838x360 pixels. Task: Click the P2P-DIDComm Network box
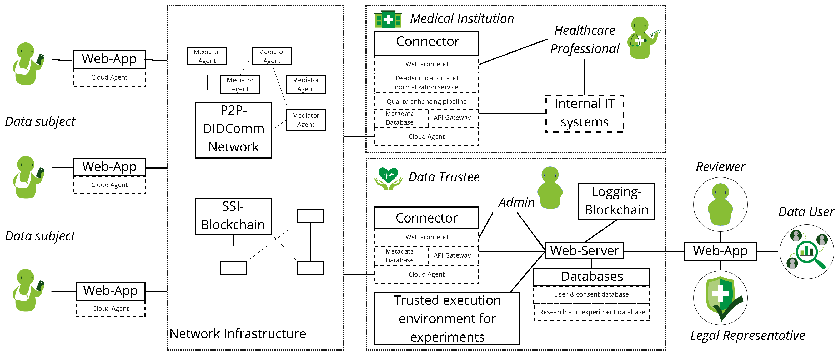coord(233,130)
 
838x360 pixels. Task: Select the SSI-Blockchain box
coord(233,216)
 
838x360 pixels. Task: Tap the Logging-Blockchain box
coord(616,201)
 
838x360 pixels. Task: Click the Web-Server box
coord(584,251)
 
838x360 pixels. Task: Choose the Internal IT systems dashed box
coord(584,113)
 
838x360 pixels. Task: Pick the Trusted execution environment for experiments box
coord(447,318)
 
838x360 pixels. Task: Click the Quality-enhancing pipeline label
coord(426,102)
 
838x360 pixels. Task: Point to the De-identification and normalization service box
coord(426,83)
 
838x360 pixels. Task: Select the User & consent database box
coord(591,294)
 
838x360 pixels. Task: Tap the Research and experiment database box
coord(592,312)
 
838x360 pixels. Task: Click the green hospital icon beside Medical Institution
coord(388,19)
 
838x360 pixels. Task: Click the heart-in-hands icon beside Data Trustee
coord(388,178)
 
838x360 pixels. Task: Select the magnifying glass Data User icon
coord(807,251)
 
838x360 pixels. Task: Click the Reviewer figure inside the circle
coord(720,204)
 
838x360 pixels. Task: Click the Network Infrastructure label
coord(238,334)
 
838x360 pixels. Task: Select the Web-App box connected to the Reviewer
coord(720,251)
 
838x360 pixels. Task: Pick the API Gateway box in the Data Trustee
coord(452,255)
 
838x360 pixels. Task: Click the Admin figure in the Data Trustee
coord(550,188)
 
